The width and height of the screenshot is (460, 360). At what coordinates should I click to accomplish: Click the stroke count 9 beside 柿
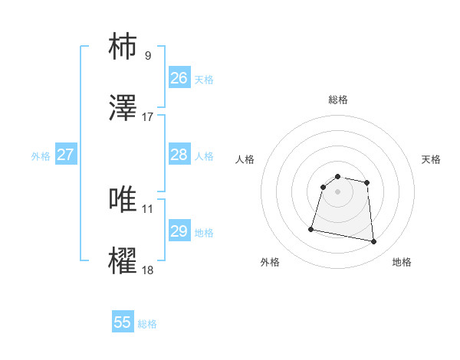pos(148,55)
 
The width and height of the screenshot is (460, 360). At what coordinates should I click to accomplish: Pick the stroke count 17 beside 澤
pos(148,117)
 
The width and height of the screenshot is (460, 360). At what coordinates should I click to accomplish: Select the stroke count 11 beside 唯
pos(148,208)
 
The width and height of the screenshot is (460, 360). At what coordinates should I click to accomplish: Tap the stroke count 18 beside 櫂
pos(148,270)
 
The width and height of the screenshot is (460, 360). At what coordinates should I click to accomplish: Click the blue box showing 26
pos(179,78)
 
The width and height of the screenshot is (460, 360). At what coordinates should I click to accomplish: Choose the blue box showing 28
pos(179,155)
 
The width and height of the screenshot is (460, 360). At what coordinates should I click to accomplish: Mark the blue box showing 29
pos(179,231)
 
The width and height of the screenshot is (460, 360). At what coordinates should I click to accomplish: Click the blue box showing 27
pos(66,155)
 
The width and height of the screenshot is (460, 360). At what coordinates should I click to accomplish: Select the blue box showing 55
pos(123,322)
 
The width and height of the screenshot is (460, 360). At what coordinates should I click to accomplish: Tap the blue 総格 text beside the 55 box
pos(147,324)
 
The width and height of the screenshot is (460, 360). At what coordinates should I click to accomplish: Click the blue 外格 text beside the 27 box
pos(41,156)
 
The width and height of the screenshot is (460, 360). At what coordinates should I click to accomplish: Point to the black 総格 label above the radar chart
pos(338,100)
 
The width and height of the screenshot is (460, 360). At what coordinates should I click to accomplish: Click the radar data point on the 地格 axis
pos(374,242)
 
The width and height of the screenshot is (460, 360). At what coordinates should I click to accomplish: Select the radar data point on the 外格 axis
pos(311,228)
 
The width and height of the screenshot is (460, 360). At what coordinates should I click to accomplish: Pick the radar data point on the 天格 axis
pos(367,182)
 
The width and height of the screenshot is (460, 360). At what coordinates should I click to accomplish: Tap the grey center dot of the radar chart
pos(338,191)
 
